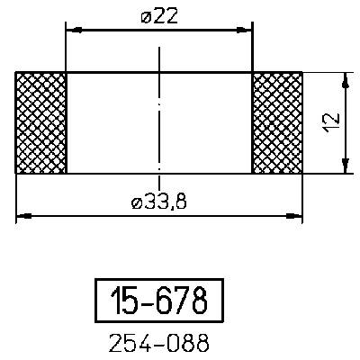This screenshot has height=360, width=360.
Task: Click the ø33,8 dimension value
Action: (x=159, y=202)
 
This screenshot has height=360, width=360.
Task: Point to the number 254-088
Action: (x=157, y=342)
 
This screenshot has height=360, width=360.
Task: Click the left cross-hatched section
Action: (x=41, y=122)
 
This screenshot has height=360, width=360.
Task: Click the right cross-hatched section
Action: (x=276, y=122)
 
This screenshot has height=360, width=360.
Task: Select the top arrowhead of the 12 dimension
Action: (x=345, y=78)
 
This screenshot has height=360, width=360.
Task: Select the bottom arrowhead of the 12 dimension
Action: (x=345, y=167)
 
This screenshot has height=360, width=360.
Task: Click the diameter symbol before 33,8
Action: (x=136, y=203)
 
